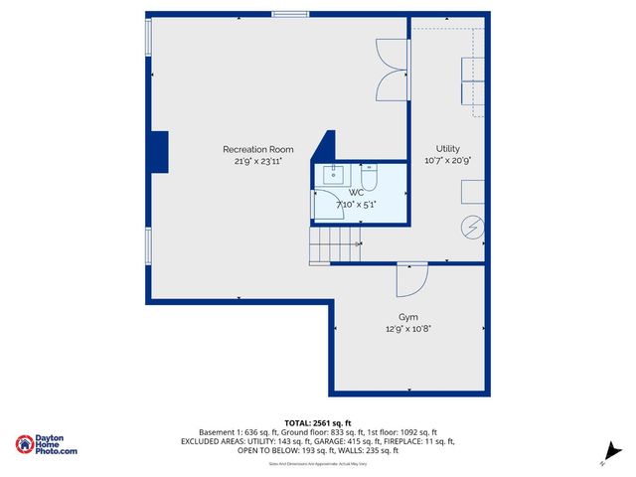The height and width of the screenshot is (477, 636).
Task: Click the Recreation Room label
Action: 257,149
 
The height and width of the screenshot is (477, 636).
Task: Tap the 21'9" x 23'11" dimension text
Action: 257,160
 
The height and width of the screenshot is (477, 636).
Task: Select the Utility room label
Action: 447,148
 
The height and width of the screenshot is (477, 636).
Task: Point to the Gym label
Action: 408,316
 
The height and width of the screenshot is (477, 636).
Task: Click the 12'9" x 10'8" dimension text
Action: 408,328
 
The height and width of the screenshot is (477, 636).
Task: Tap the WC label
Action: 356,192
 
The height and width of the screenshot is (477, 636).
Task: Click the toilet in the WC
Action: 369,178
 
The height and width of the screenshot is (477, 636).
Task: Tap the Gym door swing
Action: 410,280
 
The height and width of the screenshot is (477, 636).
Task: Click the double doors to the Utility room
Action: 392,70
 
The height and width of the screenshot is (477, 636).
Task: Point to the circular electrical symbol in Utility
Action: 472,228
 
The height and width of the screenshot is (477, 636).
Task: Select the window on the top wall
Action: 290,14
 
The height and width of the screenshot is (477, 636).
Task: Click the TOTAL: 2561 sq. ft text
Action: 318,423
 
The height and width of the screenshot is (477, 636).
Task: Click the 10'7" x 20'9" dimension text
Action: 447,160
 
